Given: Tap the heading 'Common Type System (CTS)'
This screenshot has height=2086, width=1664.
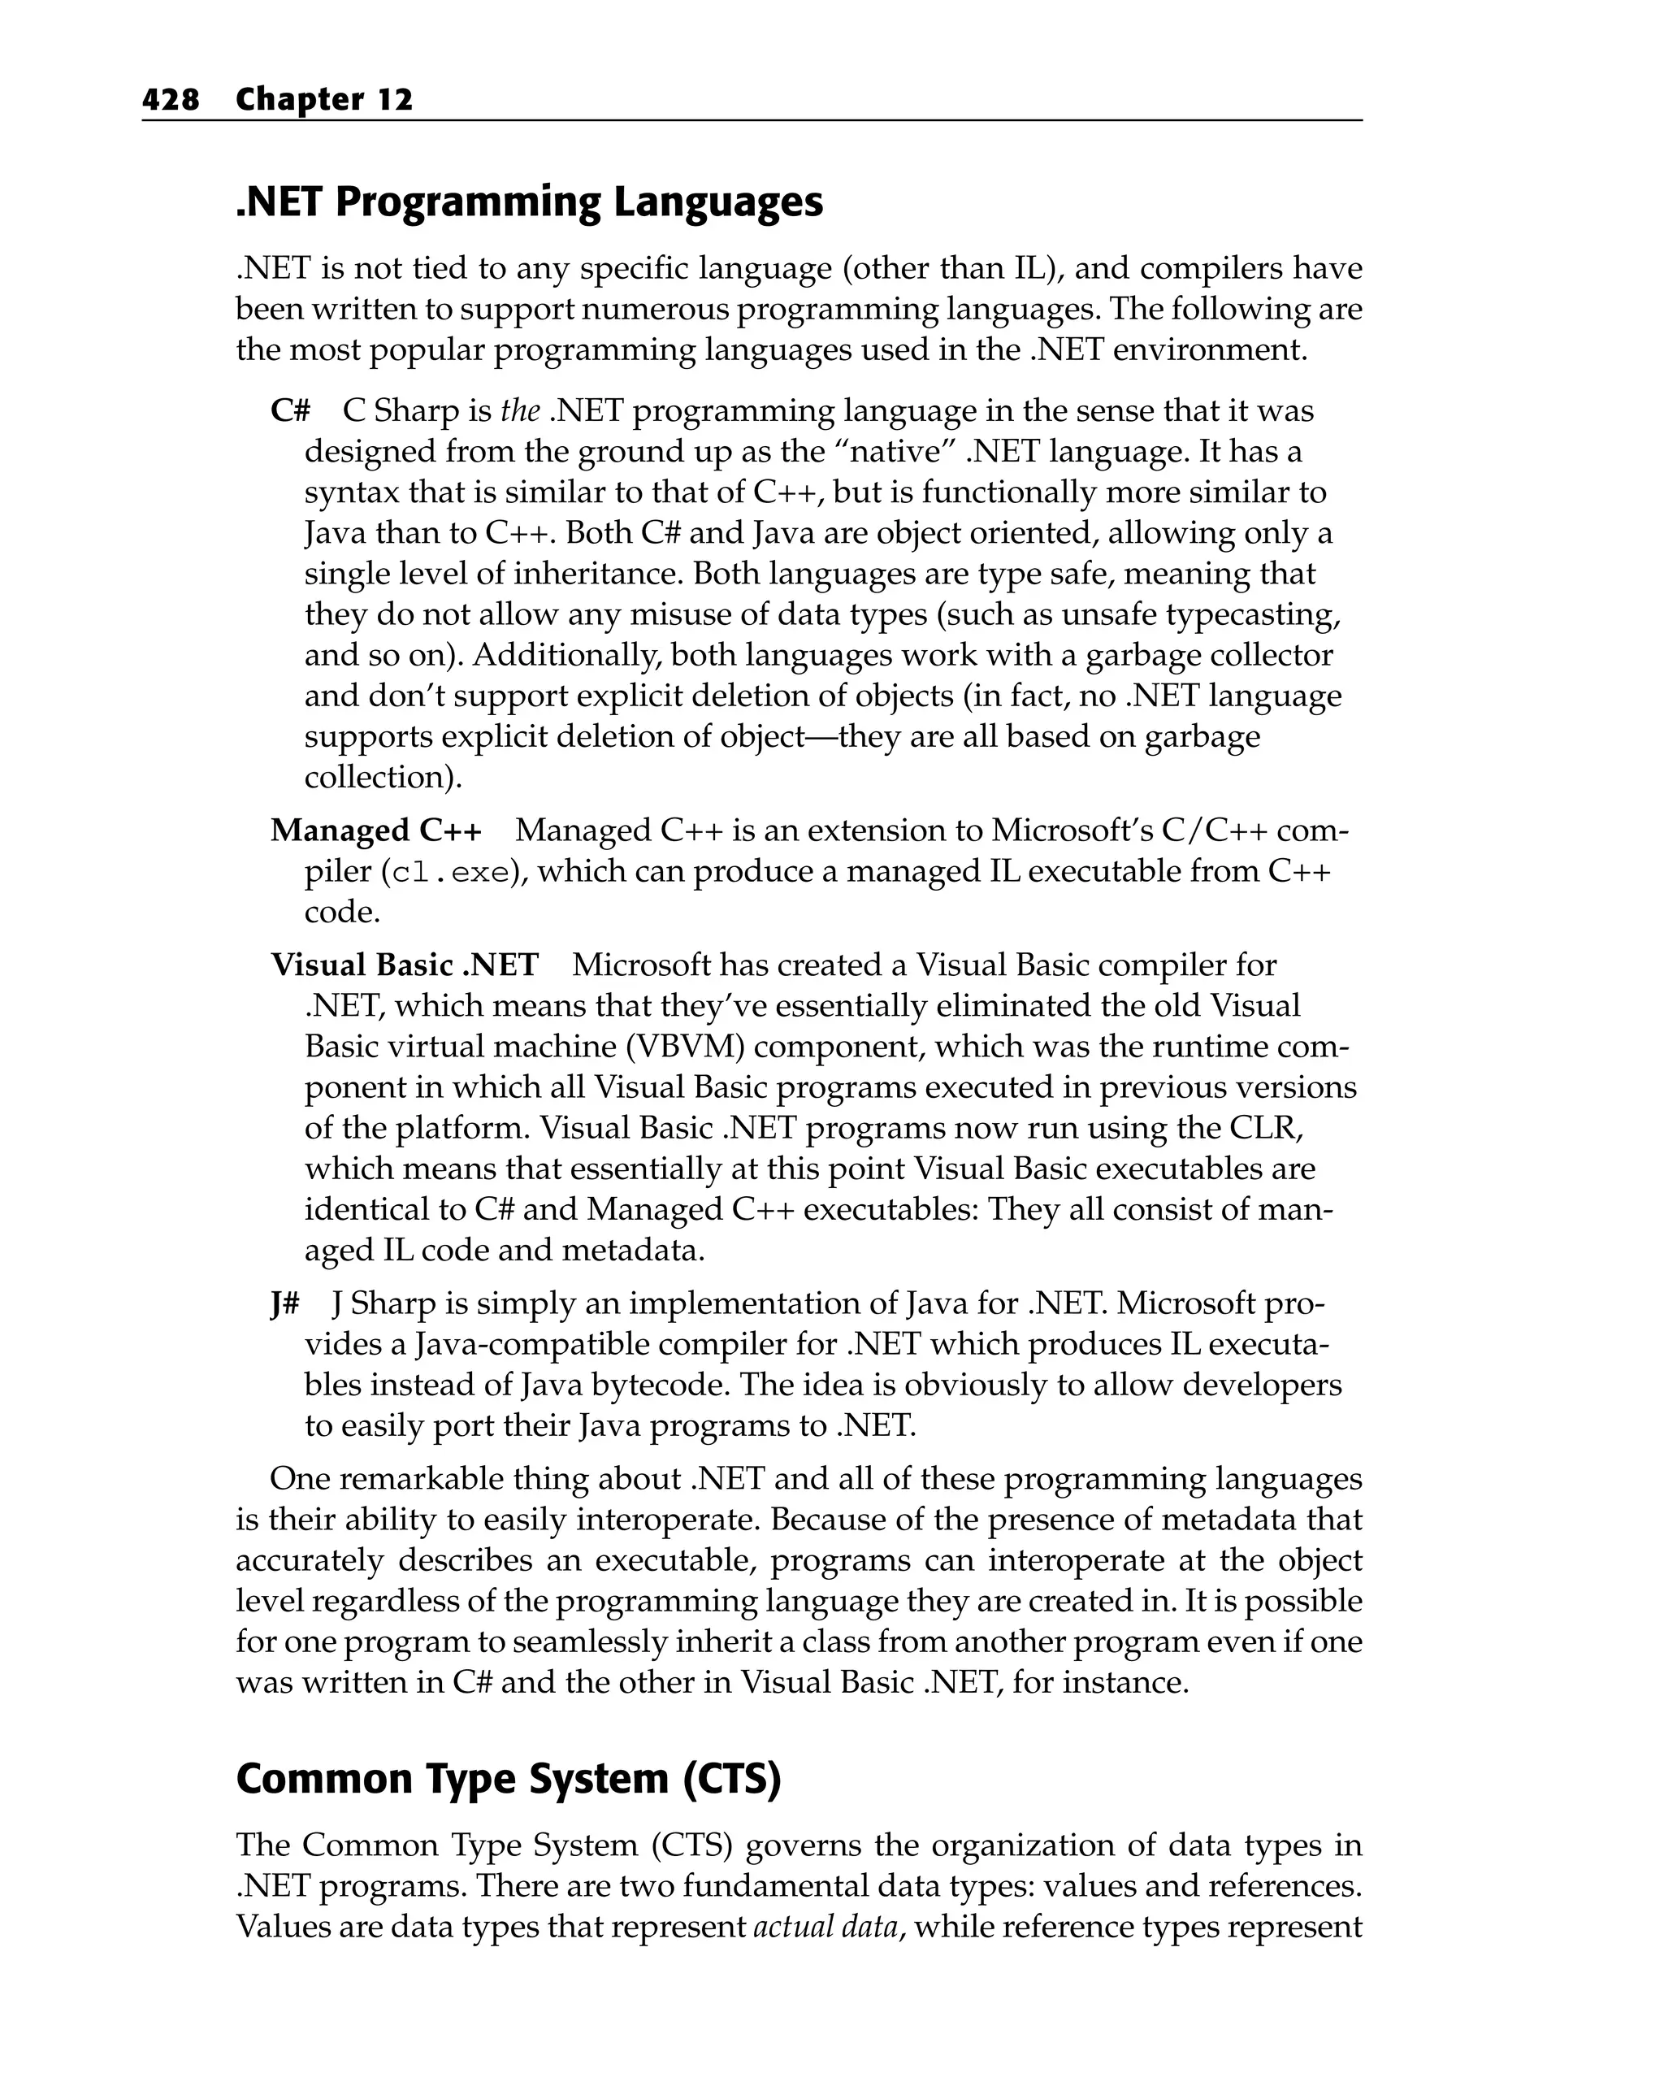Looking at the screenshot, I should pyautogui.click(x=508, y=1778).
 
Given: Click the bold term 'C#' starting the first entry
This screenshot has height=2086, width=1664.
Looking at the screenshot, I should pyautogui.click(x=290, y=411).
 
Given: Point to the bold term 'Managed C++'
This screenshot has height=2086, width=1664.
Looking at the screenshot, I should pyautogui.click(x=375, y=830).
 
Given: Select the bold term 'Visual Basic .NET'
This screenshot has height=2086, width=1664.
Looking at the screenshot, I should pyautogui.click(x=404, y=965).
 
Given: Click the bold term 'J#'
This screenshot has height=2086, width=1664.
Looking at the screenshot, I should pyautogui.click(x=284, y=1303).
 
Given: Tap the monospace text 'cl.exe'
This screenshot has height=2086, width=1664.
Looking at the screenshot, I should pyautogui.click(x=446, y=873).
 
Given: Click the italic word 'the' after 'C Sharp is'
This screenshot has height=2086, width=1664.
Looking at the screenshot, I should pyautogui.click(x=519, y=411).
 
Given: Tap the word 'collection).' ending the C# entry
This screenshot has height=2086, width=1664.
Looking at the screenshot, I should pyautogui.click(x=383, y=777).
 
